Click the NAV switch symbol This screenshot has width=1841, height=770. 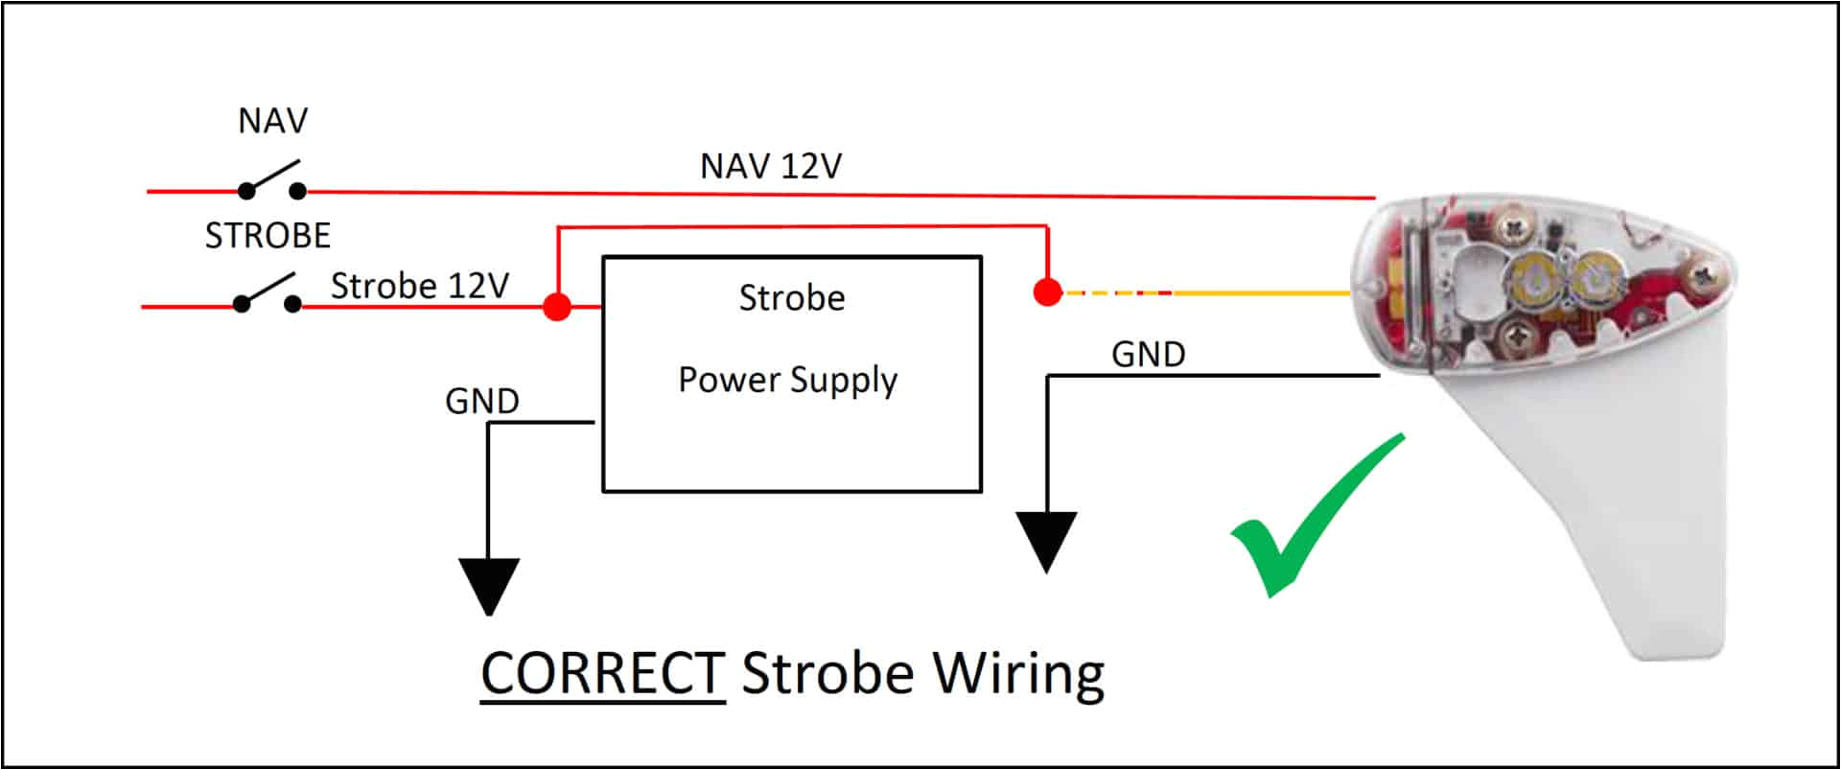[272, 180]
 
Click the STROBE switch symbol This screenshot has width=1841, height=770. [268, 293]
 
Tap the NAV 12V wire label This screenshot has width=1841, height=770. [770, 166]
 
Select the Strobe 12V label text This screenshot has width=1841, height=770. [419, 286]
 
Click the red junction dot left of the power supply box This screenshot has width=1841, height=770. [557, 307]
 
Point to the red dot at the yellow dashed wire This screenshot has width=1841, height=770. [1048, 292]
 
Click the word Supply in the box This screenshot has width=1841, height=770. [843, 381]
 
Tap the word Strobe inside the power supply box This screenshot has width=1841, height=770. [791, 298]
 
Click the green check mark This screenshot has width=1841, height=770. [1314, 518]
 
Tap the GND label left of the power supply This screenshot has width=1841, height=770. [481, 401]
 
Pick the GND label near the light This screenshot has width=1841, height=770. [1148, 355]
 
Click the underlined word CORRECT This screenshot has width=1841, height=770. [602, 673]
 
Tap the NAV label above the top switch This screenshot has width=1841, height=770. [273, 121]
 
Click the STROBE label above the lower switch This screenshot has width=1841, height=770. [268, 235]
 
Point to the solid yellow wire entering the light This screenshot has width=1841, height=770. [1266, 292]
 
